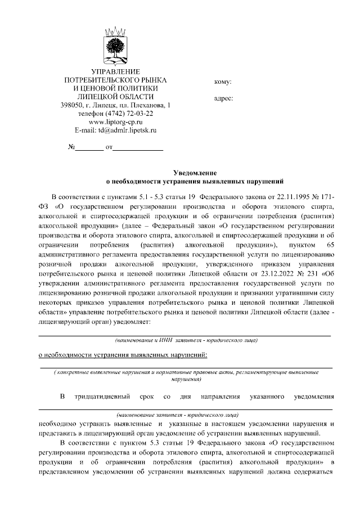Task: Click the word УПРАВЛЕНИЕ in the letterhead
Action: click(x=116, y=71)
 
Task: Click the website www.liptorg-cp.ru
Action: click(x=115, y=121)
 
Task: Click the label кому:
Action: click(x=223, y=82)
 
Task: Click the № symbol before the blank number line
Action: click(x=72, y=148)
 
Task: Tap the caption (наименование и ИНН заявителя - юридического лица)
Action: click(x=186, y=340)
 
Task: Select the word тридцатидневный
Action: click(x=103, y=398)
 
